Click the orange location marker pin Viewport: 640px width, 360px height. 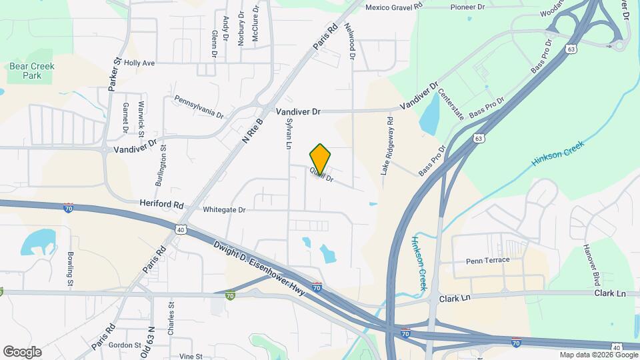(320, 158)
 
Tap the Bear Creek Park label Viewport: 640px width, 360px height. (32, 71)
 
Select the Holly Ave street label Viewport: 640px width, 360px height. (139, 63)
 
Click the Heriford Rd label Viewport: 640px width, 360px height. (161, 203)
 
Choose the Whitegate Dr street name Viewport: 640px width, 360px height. (225, 210)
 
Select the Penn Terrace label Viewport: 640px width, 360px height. (487, 260)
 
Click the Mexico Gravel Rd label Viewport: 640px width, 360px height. (395, 7)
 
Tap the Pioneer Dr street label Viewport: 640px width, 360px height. (467, 7)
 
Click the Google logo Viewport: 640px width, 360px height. (22, 352)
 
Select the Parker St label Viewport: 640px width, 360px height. (113, 74)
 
